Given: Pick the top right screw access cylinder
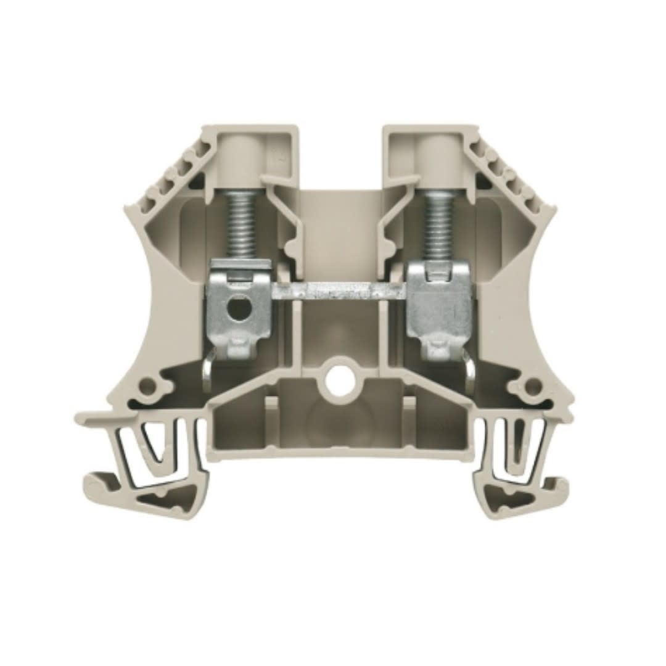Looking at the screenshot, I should click(x=439, y=157).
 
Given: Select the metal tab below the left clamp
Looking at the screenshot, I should click(x=208, y=370).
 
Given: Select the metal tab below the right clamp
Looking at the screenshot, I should click(x=470, y=373).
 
